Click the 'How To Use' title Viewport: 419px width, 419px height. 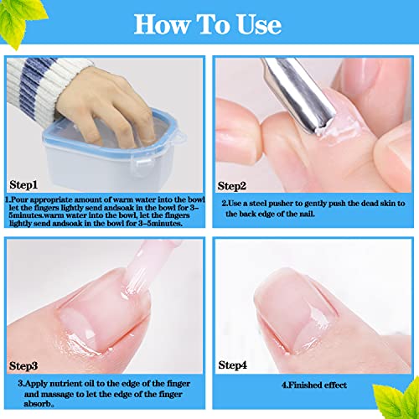tap(208, 25)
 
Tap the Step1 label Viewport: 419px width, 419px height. tap(23, 185)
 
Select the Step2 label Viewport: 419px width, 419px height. tap(232, 186)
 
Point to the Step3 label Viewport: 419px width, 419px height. tap(23, 366)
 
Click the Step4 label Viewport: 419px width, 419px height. tap(232, 365)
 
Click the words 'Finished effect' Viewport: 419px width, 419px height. tap(318, 385)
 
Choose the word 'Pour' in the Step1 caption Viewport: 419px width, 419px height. tap(19, 200)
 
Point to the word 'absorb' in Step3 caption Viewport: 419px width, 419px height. tap(37, 404)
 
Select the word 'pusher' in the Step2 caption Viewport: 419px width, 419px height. tap(282, 204)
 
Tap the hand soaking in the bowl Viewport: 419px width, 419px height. tap(106, 106)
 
